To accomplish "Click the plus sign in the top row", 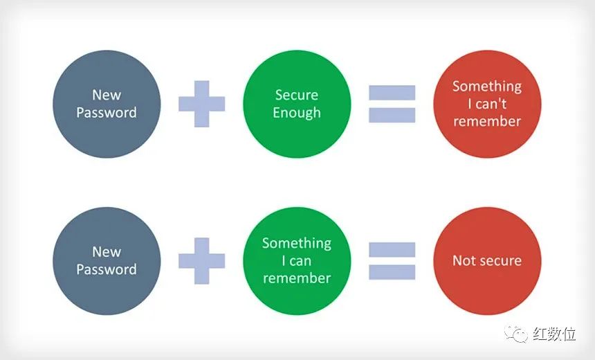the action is click(x=202, y=104).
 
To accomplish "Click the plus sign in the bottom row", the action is click(x=202, y=261).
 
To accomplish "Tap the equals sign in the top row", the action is click(x=392, y=104).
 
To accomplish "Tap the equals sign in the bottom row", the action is click(x=392, y=261).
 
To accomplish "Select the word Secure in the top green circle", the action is click(x=297, y=95).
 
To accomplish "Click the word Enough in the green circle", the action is click(x=297, y=113).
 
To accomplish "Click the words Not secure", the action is click(x=487, y=260).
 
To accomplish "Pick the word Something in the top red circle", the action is click(x=487, y=87).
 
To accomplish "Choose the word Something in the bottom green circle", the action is click(x=297, y=244).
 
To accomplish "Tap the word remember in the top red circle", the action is click(x=487, y=121).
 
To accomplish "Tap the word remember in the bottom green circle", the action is click(x=297, y=278).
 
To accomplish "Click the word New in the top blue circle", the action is click(x=107, y=95).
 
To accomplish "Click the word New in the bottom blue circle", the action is click(x=107, y=252).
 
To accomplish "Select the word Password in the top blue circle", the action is click(x=107, y=112).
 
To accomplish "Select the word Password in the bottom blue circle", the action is click(x=107, y=269).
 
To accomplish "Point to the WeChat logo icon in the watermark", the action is click(x=515, y=334).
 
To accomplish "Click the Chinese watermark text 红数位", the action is click(x=554, y=334).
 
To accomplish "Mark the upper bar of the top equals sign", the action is click(x=392, y=93).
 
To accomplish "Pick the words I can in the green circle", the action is click(x=297, y=261).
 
